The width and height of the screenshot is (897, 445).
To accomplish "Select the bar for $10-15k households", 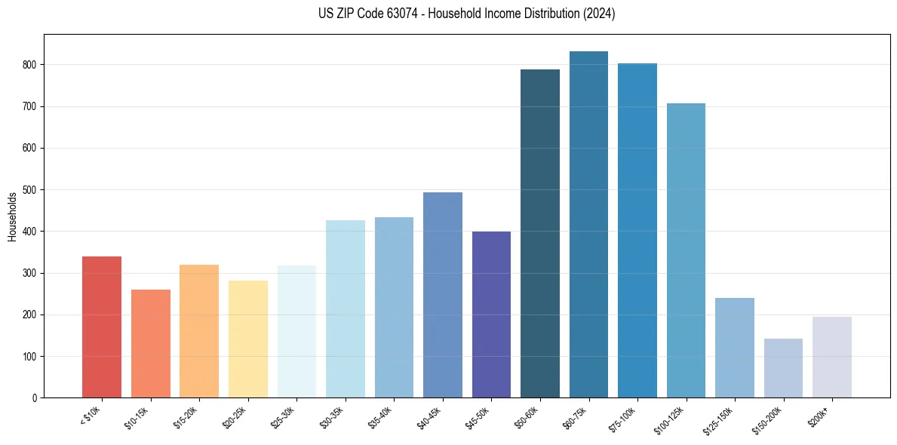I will coord(150,343).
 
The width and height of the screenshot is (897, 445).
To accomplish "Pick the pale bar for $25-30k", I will coord(296,331).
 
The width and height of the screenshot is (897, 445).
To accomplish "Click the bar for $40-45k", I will coord(443,295).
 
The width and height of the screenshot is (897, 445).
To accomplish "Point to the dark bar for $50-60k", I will coord(540,233).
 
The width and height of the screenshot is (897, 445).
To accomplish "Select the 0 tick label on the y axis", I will coord(35,398).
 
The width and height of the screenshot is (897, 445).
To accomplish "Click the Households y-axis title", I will coord(12,216).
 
